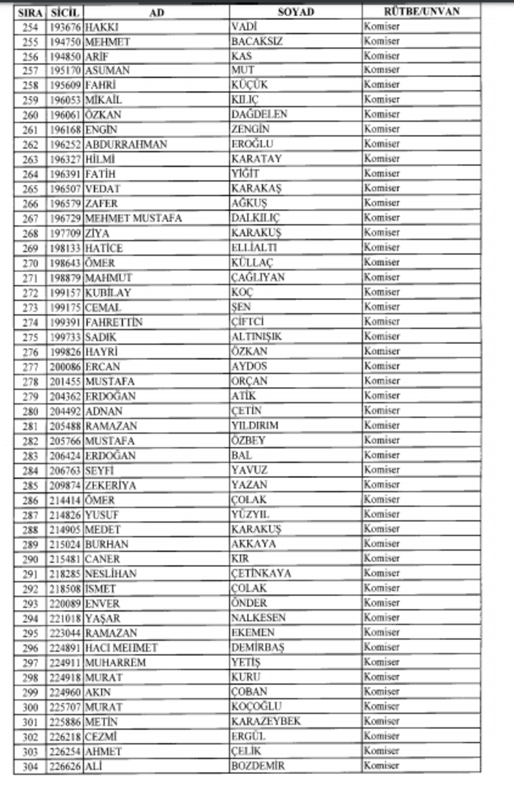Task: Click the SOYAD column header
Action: [x=296, y=12]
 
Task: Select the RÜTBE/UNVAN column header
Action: [x=421, y=12]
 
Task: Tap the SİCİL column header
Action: [x=65, y=13]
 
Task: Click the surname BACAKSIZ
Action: [x=257, y=41]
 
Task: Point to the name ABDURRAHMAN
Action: [x=126, y=144]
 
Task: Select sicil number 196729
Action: [x=65, y=218]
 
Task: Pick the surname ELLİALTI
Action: [x=254, y=247]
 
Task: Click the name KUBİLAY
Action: [x=109, y=292]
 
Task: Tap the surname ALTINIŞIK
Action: [x=256, y=336]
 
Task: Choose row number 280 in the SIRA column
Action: [x=30, y=410]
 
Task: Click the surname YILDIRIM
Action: [x=255, y=425]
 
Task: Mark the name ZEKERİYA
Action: [x=110, y=485]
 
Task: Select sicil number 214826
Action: [x=65, y=514]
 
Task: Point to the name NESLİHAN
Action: [x=111, y=573]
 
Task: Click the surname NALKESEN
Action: [x=258, y=617]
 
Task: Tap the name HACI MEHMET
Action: [x=121, y=647]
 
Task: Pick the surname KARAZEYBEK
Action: [x=265, y=721]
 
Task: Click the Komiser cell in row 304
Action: [x=382, y=765]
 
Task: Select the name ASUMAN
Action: [x=107, y=70]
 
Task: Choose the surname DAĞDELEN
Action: [x=259, y=114]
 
